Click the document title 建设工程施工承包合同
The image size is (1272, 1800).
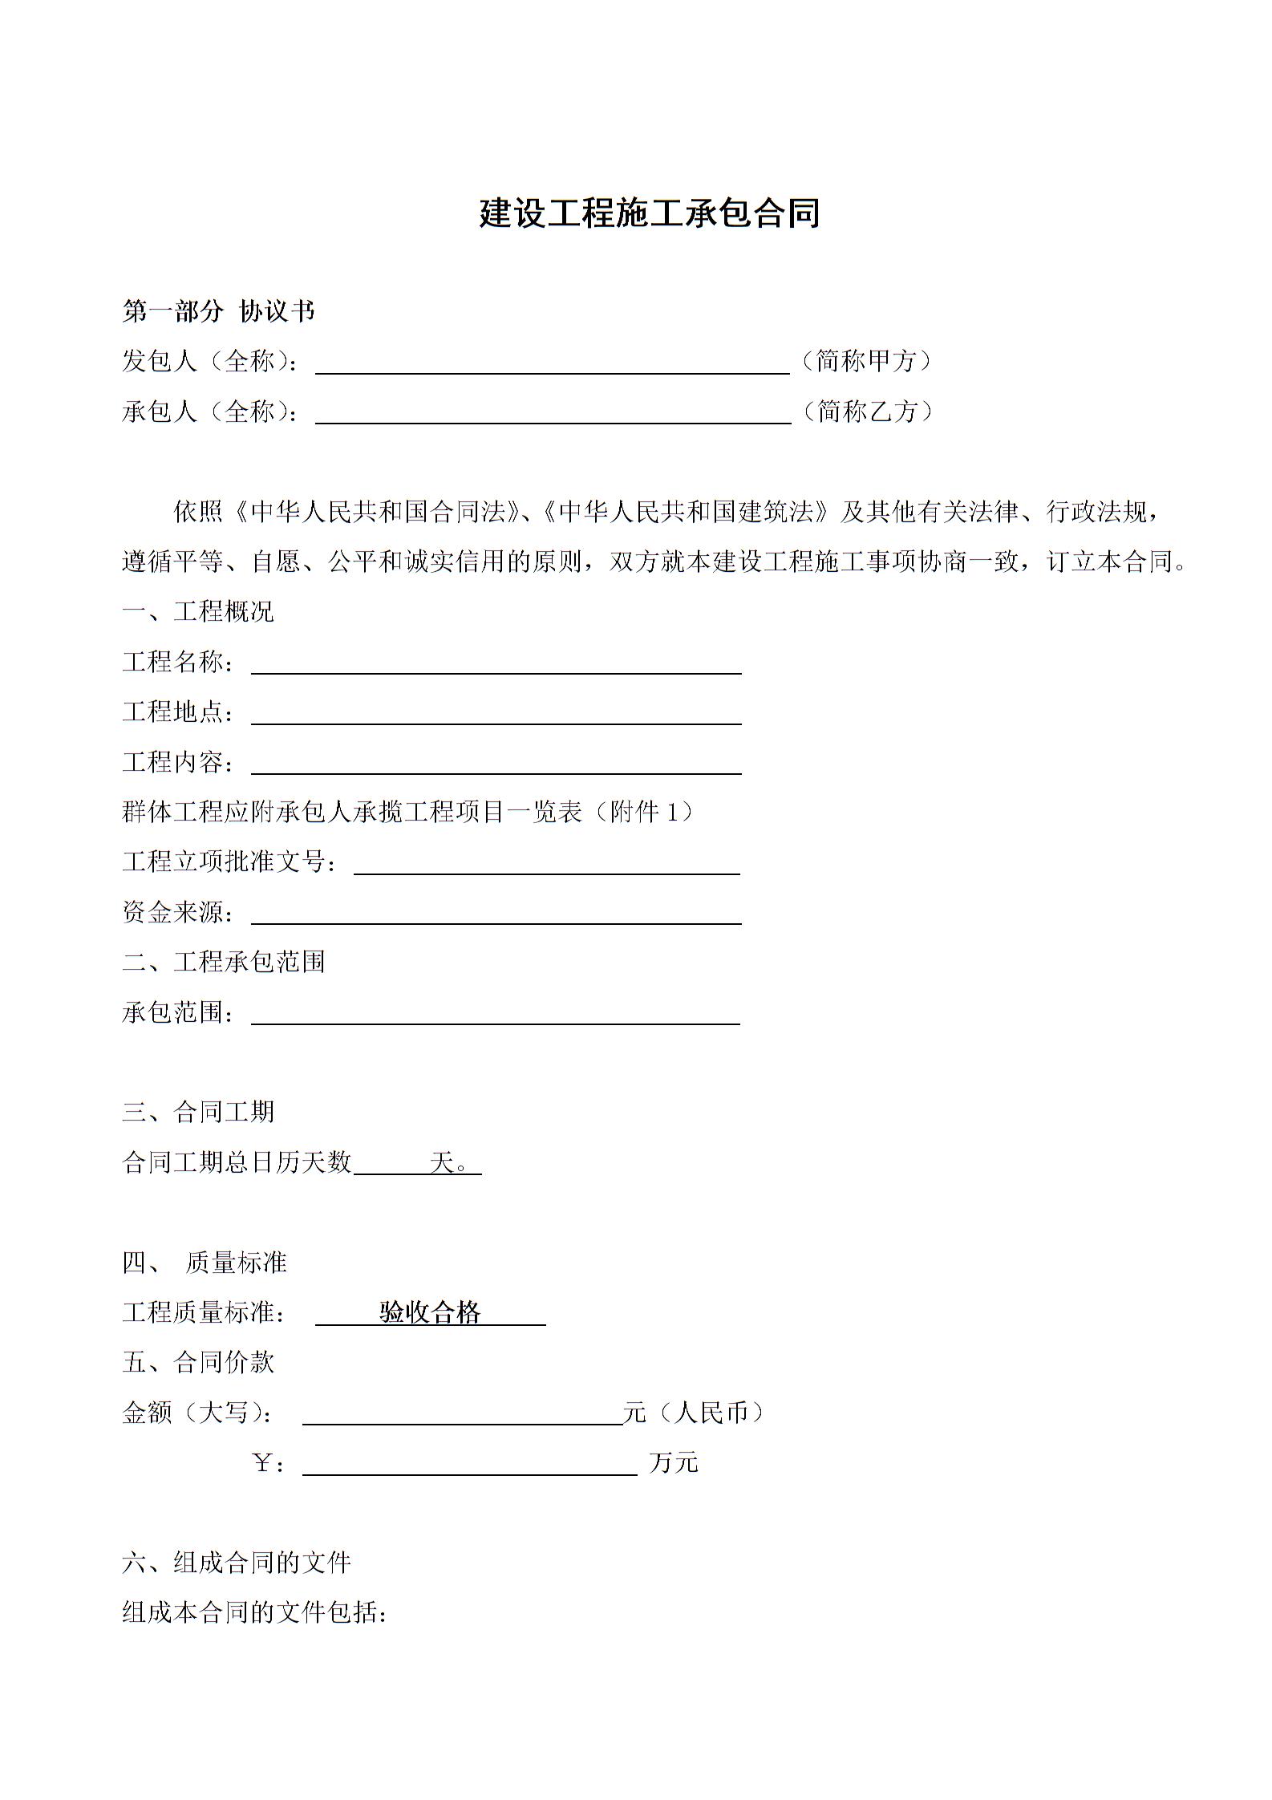649,214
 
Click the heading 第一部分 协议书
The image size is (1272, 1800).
218,311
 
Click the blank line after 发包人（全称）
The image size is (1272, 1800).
553,363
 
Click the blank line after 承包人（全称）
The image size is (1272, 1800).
553,412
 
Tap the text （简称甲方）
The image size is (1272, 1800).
867,361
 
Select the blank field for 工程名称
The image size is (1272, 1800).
496,663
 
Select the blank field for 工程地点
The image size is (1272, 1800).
496,713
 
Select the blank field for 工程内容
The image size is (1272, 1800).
496,763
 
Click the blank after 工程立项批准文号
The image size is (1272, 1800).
546,863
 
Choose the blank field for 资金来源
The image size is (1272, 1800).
496,913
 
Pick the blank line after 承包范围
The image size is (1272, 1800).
496,1013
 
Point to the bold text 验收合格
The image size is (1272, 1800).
430,1313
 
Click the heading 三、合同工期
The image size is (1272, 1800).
198,1112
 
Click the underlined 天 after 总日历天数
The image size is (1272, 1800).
443,1162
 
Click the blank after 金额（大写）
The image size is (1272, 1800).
462,1413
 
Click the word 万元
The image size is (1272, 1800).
674,1464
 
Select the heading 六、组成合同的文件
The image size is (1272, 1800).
237,1563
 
